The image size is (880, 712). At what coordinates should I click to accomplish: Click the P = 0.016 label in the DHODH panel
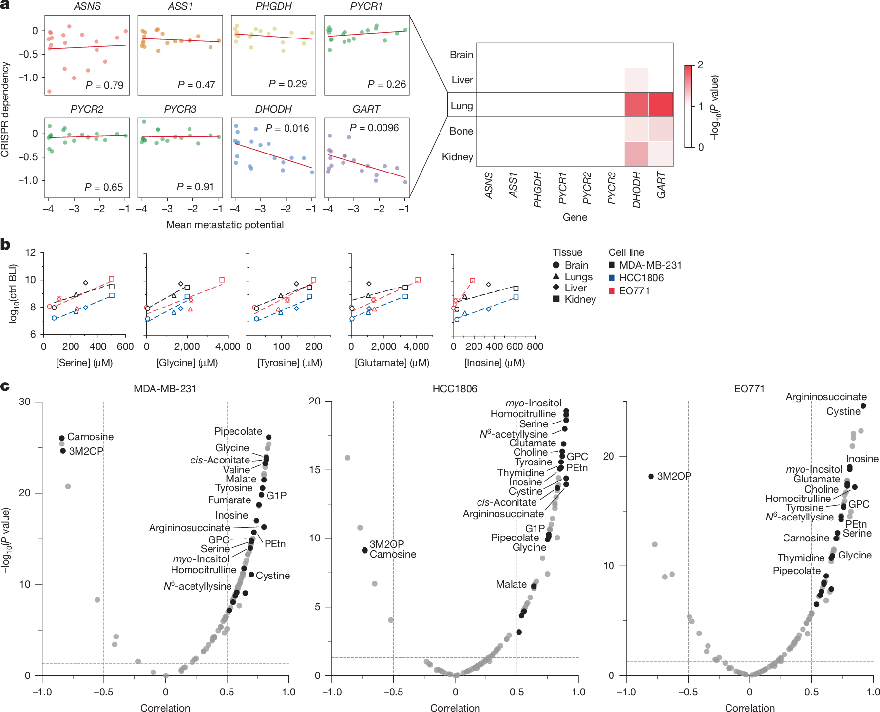coord(287,128)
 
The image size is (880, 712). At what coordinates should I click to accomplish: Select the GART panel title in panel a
coord(366,109)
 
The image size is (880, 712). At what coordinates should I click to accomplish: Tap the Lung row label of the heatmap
coord(461,106)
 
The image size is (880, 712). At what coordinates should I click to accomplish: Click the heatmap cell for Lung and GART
coord(661,104)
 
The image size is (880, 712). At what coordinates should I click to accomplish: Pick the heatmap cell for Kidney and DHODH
coord(636,154)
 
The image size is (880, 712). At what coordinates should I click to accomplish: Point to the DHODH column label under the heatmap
coord(636,190)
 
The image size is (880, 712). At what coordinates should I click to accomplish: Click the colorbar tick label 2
coord(700,65)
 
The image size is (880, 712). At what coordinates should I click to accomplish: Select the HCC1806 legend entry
coord(641,278)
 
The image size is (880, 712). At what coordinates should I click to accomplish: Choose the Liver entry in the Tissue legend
coord(575,288)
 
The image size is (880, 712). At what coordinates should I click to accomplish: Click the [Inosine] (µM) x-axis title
coord(494,363)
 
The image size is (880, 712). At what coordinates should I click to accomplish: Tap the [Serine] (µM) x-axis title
coord(84,363)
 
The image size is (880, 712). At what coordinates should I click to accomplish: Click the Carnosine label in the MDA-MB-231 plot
coord(90,437)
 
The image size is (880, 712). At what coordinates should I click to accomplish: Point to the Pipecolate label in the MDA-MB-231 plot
coord(238,431)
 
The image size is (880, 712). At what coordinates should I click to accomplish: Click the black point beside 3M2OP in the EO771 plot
coord(651,476)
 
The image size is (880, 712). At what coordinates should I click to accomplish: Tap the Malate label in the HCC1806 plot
coord(511,584)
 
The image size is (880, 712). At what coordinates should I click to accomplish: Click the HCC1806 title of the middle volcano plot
coord(455,389)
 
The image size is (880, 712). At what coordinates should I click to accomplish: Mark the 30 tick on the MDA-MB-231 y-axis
coord(24,402)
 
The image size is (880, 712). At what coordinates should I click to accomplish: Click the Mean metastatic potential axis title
coord(225,225)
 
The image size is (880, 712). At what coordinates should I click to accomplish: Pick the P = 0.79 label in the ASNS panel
coord(104,85)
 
